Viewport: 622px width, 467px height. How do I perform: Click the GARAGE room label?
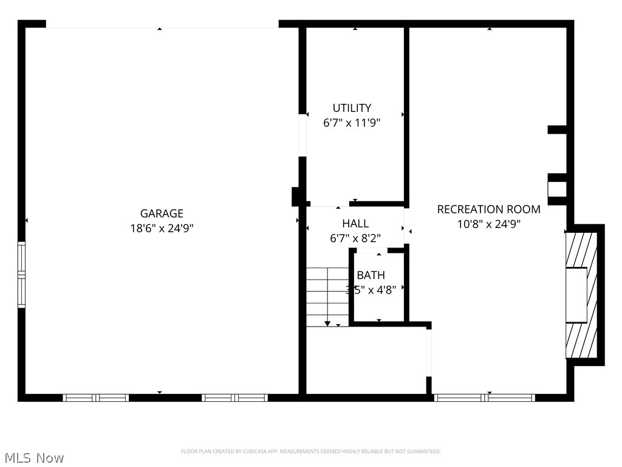162,213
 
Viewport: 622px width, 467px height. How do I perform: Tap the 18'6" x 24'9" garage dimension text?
162,228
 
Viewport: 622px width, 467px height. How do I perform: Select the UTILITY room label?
352,108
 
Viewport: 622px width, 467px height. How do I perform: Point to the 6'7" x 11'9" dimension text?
352,123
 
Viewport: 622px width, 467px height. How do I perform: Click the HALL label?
355,224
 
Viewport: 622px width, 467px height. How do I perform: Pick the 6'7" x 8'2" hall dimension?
355,238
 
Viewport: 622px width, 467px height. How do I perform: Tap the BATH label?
371,275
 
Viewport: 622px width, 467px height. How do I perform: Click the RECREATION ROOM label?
488,209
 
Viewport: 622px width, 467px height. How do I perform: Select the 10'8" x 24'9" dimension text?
488,224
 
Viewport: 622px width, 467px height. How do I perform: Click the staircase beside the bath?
327,297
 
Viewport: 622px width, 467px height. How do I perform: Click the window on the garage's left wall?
22,274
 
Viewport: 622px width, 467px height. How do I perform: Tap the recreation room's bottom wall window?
485,398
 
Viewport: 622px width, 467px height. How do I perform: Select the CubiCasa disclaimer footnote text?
311,451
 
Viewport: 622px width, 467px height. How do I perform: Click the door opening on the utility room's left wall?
302,135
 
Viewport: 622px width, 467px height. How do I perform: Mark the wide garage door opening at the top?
162,24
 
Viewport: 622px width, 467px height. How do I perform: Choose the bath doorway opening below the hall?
371,250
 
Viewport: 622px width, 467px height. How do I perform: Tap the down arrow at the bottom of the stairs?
327,323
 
